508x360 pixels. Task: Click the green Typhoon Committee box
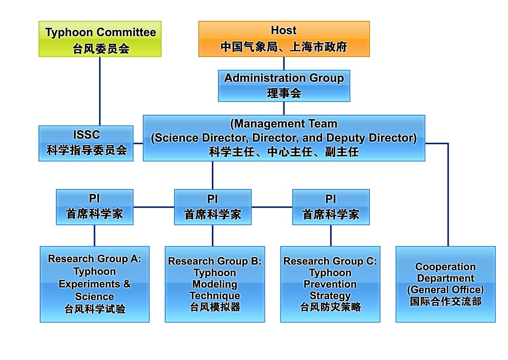100,39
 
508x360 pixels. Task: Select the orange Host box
283,39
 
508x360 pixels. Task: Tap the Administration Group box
284,85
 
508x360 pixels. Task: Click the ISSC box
86,143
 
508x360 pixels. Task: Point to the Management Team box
283,138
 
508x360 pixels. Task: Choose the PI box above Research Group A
94,207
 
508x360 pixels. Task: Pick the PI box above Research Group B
212,207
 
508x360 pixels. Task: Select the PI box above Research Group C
331,207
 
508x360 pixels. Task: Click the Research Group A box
94,284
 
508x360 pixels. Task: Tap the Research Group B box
214,284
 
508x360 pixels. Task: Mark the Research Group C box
330,284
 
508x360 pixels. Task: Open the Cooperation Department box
446,284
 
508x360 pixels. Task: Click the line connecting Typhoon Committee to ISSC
100,91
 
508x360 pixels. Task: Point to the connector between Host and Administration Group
283,63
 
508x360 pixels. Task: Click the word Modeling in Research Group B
214,284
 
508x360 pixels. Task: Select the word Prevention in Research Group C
330,284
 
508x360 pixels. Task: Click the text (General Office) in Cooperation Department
446,290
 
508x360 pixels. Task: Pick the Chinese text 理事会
284,93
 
